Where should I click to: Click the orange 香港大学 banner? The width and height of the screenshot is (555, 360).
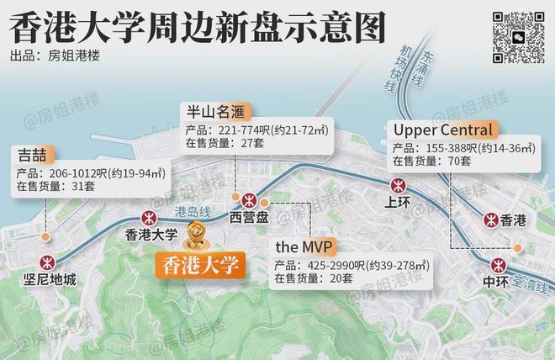pos(200,265)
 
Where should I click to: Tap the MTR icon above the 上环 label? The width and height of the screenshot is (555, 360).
pos(398,185)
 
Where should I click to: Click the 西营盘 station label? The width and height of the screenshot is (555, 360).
pos(250,218)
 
